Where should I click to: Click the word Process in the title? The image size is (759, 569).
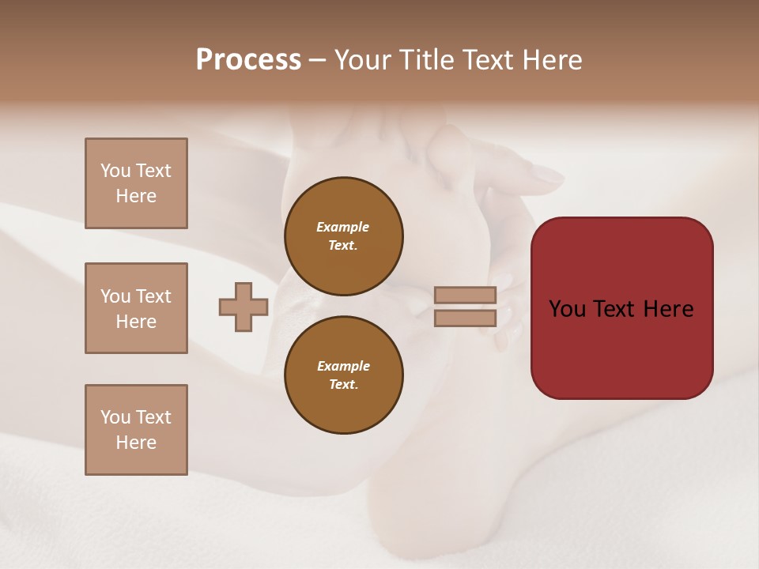coord(248,60)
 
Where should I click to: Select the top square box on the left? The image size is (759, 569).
coord(136,183)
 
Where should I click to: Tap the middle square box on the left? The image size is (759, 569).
coord(136,308)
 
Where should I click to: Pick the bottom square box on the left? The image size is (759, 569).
coord(136,430)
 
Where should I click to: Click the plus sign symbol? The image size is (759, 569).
coord(244,307)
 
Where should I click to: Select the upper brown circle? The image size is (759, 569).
coord(343,236)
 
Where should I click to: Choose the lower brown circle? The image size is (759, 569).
coord(343,375)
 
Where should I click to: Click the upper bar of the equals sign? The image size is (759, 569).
coord(465,295)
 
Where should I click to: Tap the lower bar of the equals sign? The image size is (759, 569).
coord(465,318)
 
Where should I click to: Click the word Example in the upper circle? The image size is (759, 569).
coord(343,227)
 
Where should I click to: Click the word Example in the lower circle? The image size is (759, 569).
coord(343,366)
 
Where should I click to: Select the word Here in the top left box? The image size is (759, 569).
coord(136,196)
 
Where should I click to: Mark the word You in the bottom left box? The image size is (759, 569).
coord(115,417)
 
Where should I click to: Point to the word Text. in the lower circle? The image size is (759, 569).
coord(343,384)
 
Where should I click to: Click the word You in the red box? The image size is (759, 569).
coord(568,309)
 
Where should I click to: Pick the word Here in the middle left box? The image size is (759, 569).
coord(136,322)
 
